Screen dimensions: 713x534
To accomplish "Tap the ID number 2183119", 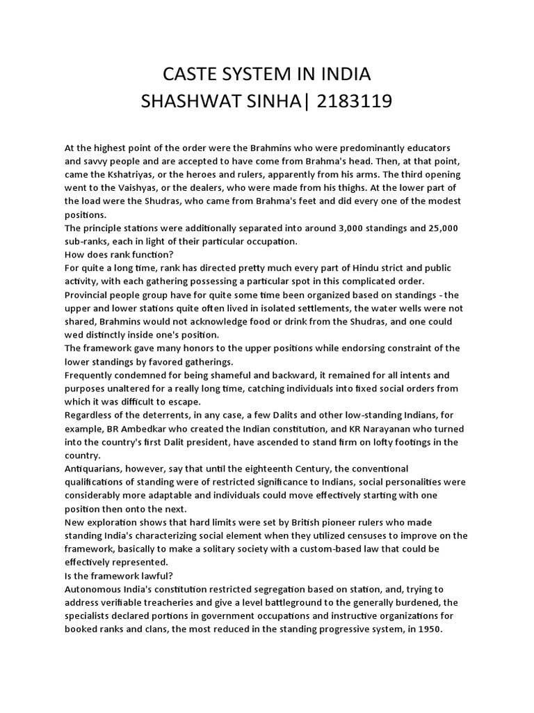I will tap(355, 102).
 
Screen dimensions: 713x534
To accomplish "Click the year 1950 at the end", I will tap(430, 629).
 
